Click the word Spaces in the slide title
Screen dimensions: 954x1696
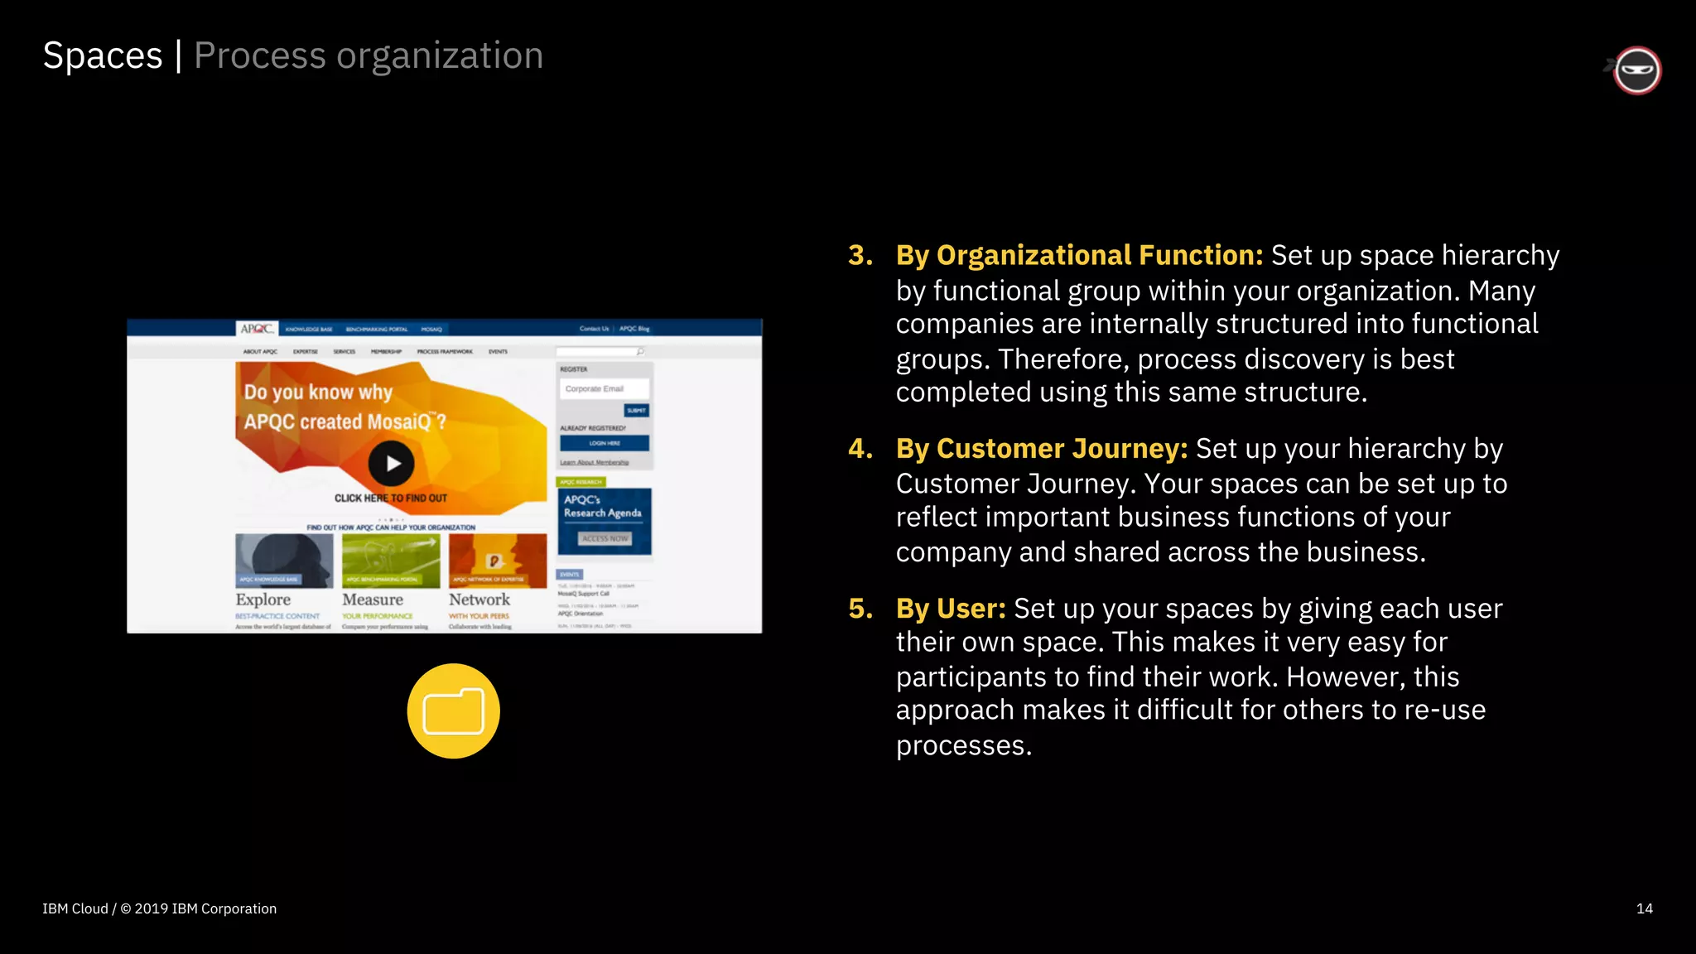point(103,56)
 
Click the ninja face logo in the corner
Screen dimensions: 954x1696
point(1636,70)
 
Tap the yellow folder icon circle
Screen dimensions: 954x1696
point(453,711)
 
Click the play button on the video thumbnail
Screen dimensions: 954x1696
point(391,464)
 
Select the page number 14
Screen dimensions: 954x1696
point(1644,908)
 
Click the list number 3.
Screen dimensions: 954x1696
point(860,255)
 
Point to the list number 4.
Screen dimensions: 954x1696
point(860,448)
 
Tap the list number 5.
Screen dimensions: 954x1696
point(860,609)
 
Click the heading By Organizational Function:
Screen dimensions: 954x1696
point(1079,255)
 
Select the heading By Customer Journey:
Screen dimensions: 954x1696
point(1041,448)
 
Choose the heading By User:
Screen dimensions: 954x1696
point(950,609)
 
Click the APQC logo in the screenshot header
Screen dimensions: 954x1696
point(257,329)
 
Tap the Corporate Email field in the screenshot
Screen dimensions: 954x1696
point(603,388)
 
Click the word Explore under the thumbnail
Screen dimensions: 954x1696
point(263,599)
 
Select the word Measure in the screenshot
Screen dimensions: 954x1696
point(373,599)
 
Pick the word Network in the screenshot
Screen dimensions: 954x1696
point(479,599)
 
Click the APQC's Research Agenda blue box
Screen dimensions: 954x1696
point(604,520)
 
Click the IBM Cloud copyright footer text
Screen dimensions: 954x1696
point(160,908)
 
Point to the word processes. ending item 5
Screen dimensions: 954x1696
point(963,745)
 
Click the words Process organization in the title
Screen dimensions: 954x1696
point(369,56)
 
